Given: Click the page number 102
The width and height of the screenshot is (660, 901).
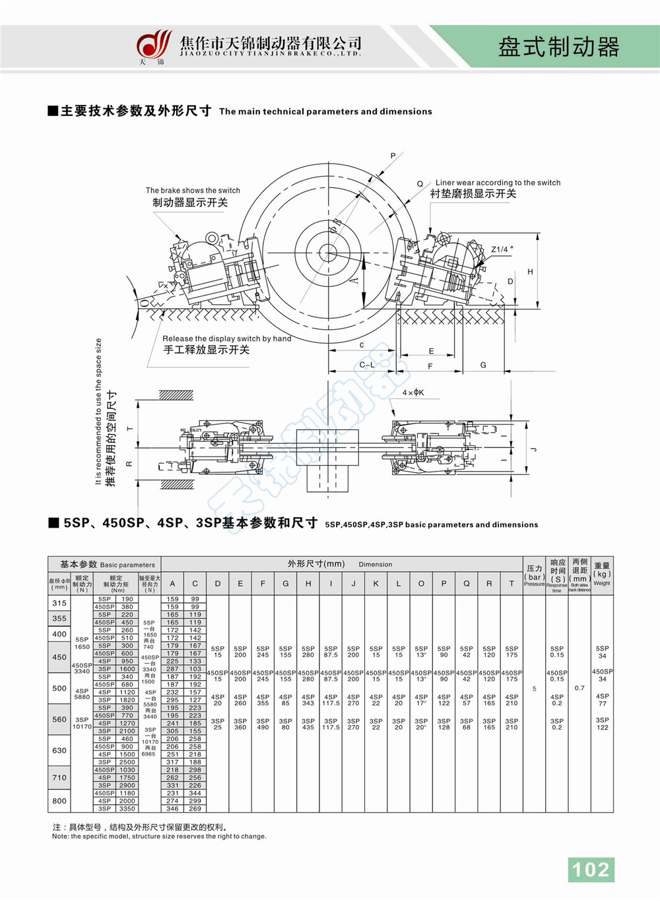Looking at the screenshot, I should click(x=591, y=869).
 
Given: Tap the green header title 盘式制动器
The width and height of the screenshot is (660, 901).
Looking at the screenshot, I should click(x=558, y=47).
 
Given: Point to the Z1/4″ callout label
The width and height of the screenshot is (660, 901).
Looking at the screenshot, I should click(x=502, y=249).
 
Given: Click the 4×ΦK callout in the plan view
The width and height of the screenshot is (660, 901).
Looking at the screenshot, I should click(x=413, y=392).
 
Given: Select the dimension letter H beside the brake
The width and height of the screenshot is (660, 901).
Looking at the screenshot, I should click(x=530, y=272).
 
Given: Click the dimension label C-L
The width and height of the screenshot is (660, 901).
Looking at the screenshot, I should click(x=367, y=365).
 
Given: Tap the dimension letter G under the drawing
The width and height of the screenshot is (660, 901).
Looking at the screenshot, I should click(x=483, y=365).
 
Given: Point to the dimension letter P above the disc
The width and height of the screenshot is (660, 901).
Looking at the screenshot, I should click(x=393, y=156).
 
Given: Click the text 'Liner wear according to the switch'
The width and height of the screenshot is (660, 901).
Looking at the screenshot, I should click(x=498, y=183).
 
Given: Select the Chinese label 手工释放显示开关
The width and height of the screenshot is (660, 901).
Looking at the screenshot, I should click(x=207, y=350).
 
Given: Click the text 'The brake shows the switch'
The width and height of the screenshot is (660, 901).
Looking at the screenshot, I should click(x=193, y=191).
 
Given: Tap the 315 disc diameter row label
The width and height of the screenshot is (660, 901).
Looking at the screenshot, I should click(x=59, y=603).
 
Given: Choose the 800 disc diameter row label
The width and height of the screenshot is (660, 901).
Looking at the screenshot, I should click(x=59, y=801).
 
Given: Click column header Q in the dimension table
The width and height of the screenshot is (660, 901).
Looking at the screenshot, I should click(x=467, y=583).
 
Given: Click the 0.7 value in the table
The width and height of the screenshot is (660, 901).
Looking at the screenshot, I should click(x=579, y=688).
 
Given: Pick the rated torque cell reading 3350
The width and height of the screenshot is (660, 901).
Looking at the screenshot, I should click(x=127, y=809).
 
